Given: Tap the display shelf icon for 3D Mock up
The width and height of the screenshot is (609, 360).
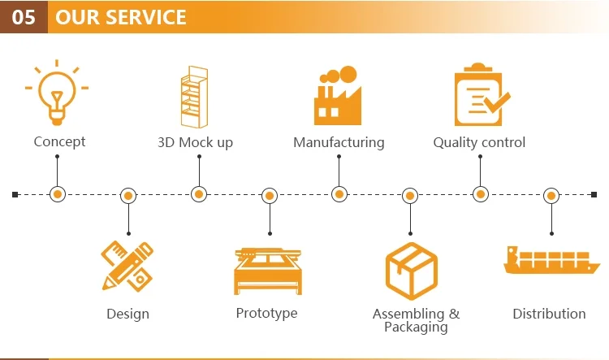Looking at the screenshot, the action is [195, 97].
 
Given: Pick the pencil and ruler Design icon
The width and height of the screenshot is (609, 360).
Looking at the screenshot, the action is [127, 267].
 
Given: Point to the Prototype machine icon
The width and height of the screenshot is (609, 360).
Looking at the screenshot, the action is [268, 271].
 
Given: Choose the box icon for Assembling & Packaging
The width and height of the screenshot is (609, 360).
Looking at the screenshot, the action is [412, 271].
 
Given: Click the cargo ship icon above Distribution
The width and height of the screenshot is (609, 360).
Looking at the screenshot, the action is [551, 260].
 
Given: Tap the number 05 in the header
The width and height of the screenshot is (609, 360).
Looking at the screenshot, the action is [24, 17].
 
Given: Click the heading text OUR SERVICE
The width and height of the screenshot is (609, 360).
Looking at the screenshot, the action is [121, 17].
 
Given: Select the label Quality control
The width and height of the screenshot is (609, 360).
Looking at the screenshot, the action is [479, 142].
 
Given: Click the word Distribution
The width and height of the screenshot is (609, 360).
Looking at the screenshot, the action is [549, 314].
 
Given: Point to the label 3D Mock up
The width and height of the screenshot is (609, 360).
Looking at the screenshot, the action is [195, 142].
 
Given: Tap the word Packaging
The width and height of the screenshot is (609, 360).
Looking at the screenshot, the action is [416, 327].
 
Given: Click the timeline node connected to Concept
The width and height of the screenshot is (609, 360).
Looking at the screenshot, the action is [58, 194].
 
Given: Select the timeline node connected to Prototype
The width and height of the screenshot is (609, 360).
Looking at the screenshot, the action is [270, 196].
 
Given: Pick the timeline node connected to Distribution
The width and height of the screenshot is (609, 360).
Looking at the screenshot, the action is [551, 196].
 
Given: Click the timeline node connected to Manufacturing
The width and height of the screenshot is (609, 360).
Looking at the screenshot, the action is [339, 194].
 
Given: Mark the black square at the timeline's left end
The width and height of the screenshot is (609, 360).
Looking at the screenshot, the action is [15, 194].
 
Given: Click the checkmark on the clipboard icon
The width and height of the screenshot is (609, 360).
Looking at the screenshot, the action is [498, 102].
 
